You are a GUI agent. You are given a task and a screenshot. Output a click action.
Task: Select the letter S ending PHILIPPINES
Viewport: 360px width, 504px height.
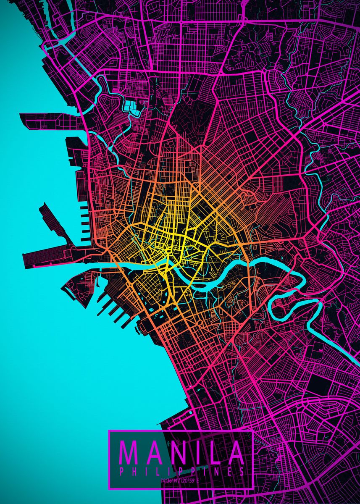[242, 471]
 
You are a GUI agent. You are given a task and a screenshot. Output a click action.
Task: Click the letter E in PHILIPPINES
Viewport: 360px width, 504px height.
[229, 471]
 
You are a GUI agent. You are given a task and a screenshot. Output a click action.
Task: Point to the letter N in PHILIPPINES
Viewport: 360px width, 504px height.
[216, 471]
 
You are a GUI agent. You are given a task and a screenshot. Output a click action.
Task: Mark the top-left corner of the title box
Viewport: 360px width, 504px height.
[109, 430]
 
